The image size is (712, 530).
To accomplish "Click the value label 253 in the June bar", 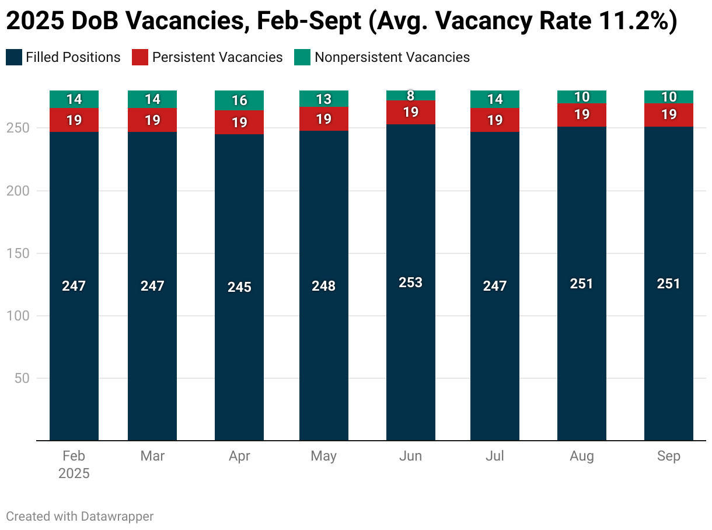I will (411, 283).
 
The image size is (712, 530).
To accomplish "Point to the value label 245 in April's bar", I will (239, 287).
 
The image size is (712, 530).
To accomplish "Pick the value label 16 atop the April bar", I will (239, 100).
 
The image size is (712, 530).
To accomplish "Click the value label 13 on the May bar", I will (324, 99).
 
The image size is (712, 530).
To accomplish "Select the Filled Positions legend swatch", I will (13, 57).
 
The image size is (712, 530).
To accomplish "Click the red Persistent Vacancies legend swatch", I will (140, 57).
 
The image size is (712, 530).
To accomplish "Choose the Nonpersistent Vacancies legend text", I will (392, 57).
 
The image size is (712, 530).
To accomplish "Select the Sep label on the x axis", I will (669, 456).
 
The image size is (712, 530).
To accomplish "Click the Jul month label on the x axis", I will (495, 456).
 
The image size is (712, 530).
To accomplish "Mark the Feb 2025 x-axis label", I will (74, 465).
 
